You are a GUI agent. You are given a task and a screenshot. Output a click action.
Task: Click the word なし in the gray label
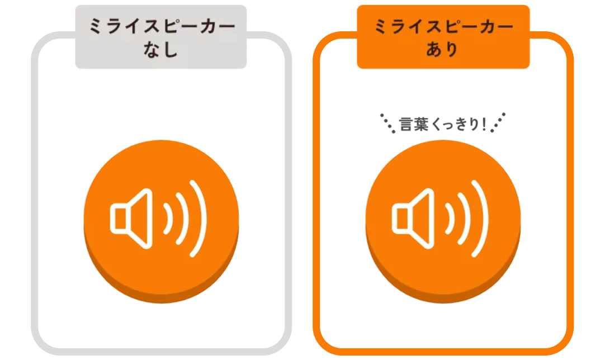pyautogui.click(x=160, y=49)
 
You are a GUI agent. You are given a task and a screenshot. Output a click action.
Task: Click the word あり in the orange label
pyautogui.click(x=442, y=49)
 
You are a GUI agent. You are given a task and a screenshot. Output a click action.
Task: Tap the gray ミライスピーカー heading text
pyautogui.click(x=162, y=26)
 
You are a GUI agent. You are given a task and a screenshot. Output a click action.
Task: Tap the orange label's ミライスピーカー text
pyautogui.click(x=444, y=26)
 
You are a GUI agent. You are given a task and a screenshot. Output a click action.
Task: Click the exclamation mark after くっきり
pyautogui.click(x=484, y=124)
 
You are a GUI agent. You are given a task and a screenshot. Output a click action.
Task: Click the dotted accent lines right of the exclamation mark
pyautogui.click(x=498, y=122)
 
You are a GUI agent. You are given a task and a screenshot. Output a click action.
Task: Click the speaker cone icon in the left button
pyautogui.click(x=131, y=219)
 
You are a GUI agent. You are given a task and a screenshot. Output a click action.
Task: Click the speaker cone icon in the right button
pyautogui.click(x=413, y=219)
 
